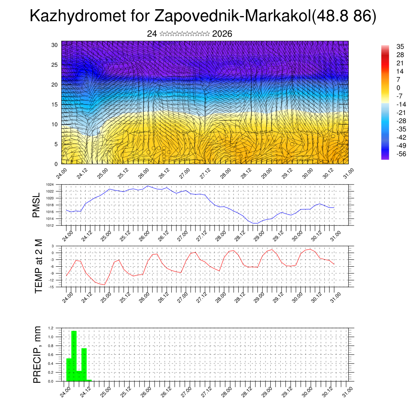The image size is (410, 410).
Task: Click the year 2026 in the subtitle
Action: (x=222, y=34)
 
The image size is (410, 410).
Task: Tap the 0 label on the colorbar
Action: (x=398, y=88)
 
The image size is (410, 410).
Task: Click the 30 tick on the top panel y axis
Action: (x=55, y=45)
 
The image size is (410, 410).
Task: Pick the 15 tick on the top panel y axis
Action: (x=55, y=105)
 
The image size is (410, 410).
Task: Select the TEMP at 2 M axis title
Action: (x=38, y=266)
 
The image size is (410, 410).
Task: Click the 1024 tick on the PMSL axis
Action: (x=50, y=185)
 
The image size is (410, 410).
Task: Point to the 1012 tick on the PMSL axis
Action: (x=50, y=225)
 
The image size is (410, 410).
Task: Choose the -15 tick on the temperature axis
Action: (x=51, y=287)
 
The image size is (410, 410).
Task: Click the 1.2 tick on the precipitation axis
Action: (x=51, y=328)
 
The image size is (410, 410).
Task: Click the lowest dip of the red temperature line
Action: (x=104, y=285)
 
